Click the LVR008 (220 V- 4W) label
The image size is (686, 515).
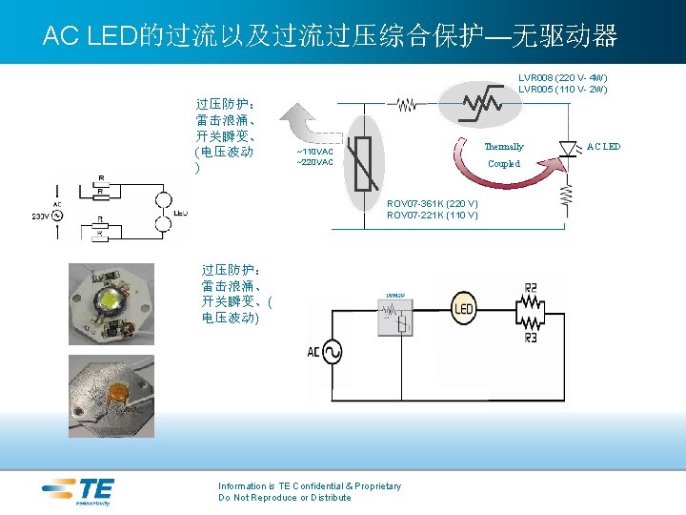(563, 77)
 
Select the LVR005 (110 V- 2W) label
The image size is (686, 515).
(563, 89)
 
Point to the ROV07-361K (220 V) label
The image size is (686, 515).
(432, 204)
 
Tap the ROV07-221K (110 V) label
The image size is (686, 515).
(432, 216)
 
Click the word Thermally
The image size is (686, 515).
(504, 147)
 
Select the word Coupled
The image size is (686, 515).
(504, 164)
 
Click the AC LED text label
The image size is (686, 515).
(603, 147)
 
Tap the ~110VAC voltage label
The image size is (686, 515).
(315, 152)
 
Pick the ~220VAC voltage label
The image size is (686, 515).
(315, 162)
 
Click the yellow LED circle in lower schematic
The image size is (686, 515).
(464, 307)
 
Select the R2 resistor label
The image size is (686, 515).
(531, 287)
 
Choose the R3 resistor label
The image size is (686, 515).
(531, 337)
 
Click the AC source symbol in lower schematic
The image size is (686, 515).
(334, 353)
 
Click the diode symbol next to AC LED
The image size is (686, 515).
(569, 148)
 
